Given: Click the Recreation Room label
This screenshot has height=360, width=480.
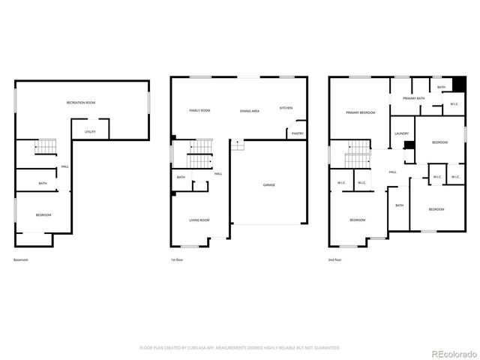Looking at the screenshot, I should tap(80, 101).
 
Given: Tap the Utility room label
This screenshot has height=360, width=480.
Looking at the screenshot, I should tap(90, 131).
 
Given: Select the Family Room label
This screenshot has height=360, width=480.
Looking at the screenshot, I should tap(199, 110).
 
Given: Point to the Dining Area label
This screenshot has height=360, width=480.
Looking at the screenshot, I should tap(250, 111).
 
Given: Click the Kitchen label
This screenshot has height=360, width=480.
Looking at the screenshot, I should tap(286, 108).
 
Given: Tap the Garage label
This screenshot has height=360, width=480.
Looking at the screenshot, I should tap(268, 184).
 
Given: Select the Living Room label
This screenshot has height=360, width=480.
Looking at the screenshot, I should tap(199, 220).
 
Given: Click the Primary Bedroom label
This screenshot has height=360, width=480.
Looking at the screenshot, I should tap(360, 112).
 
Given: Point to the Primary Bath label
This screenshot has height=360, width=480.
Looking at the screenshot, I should tap(413, 98).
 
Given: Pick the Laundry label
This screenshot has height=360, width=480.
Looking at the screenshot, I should tap(401, 133).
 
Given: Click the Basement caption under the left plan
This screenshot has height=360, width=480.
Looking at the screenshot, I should tap(21, 260).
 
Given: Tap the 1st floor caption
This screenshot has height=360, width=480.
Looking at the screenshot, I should tap(177, 260).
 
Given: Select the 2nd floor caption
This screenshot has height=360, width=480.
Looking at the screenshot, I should tap(334, 260).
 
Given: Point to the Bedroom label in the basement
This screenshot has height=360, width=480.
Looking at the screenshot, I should tap(43, 215).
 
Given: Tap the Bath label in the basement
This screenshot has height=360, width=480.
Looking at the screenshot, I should tap(43, 183).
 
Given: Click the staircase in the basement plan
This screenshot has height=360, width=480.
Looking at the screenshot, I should tap(46, 145).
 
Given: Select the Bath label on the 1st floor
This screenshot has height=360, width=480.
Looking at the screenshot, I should tap(181, 177).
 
